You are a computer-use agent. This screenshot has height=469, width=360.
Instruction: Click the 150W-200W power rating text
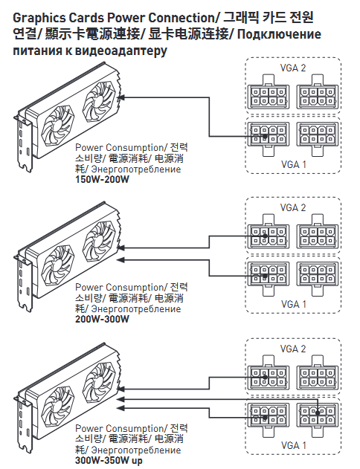click(102, 180)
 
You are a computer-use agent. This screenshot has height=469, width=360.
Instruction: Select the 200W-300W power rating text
click(102, 319)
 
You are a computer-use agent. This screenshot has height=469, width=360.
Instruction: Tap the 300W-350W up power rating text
click(109, 460)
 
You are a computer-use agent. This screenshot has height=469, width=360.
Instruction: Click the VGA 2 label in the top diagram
click(293, 68)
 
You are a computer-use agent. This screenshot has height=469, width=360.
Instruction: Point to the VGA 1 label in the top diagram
click(294, 164)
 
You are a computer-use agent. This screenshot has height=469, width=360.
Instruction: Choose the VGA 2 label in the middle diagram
click(293, 207)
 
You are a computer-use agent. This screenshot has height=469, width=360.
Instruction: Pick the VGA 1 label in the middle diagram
click(294, 304)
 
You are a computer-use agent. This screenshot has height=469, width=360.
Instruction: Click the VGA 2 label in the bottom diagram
click(293, 349)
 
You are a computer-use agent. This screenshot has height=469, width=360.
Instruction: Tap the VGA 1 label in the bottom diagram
click(294, 445)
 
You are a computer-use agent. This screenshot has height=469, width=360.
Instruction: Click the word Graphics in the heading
click(39, 19)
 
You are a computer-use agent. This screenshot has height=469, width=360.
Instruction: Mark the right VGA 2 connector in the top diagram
click(318, 92)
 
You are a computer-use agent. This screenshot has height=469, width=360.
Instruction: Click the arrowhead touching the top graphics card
click(122, 97)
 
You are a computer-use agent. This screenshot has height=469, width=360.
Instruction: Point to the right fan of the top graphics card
click(99, 102)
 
